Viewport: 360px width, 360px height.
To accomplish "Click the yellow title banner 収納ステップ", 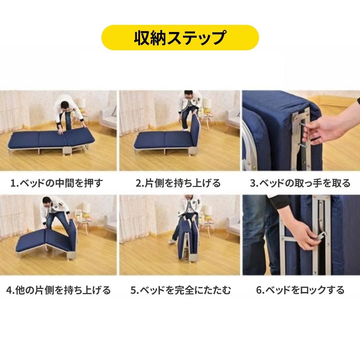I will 180,38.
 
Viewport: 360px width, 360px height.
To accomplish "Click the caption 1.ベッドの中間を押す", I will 57,183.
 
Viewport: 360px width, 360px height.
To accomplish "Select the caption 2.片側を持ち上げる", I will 178,183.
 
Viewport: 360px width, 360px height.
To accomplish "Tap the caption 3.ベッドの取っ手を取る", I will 300,183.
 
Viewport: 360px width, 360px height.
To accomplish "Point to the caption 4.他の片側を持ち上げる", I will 58,290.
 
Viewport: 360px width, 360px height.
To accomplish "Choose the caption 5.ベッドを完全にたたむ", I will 180,290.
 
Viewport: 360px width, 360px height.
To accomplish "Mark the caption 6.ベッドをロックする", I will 300,290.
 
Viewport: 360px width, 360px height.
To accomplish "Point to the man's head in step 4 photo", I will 47,201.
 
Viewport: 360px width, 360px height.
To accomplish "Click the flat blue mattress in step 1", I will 50,138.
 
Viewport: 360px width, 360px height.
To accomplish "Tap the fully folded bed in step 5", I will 188,240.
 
